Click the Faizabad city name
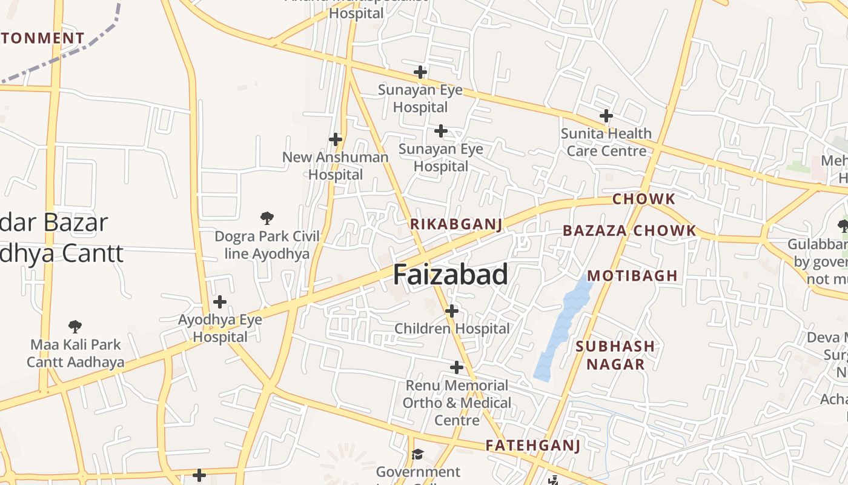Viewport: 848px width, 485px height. click(451, 275)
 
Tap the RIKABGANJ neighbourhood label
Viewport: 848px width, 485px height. click(456, 224)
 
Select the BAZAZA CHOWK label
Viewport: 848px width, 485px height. click(629, 231)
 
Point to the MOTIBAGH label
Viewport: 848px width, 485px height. click(632, 276)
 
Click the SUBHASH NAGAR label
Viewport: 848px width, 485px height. click(615, 355)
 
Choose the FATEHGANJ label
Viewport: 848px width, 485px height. click(533, 446)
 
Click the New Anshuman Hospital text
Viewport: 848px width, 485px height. click(336, 166)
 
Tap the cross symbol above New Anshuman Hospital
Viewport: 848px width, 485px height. click(336, 139)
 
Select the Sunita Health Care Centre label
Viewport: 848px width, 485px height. click(606, 142)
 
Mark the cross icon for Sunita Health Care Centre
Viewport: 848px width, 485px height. click(606, 116)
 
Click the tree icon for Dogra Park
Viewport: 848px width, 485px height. click(267, 218)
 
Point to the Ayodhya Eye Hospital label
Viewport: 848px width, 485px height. click(220, 328)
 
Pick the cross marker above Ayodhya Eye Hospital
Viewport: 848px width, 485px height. click(220, 302)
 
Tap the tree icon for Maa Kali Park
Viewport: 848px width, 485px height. click(75, 327)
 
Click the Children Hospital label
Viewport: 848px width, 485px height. click(452, 329)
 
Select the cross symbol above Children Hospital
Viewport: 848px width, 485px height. click(451, 311)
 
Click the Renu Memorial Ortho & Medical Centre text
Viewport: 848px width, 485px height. click(457, 403)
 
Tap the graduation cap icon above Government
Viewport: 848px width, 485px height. click(417, 454)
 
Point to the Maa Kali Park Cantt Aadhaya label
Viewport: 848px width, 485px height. click(76, 353)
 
